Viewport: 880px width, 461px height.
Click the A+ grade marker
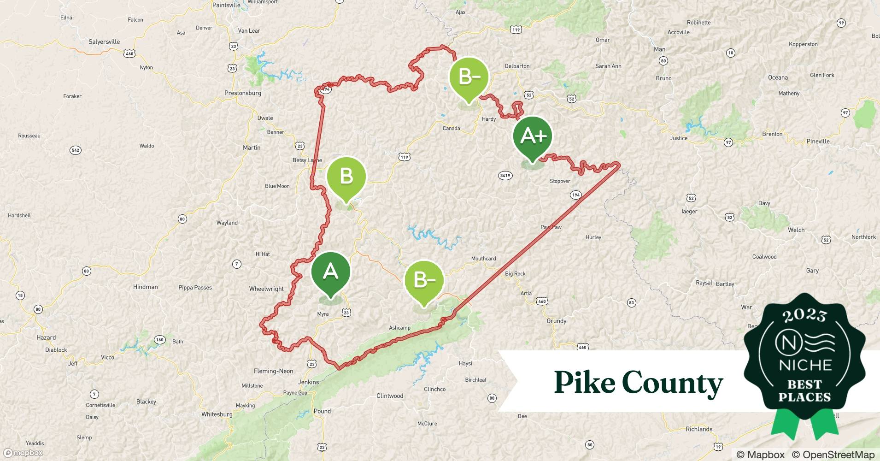[x=533, y=136]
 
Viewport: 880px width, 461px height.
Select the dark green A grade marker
[x=331, y=272]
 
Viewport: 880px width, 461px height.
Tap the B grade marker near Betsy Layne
[x=346, y=177]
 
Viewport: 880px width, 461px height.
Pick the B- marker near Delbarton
[x=469, y=77]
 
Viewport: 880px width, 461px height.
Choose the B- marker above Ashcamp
[x=424, y=280]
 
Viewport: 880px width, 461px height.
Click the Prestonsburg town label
[x=243, y=93]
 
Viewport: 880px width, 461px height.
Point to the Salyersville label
[x=104, y=42]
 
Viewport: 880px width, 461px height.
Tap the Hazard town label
[x=46, y=337]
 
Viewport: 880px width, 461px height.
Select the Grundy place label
[x=557, y=321]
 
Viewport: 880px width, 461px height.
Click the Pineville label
[x=818, y=142]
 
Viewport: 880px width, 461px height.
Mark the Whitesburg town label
[x=217, y=414]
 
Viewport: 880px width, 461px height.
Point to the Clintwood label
[x=390, y=396]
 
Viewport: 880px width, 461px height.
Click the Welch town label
[x=796, y=230]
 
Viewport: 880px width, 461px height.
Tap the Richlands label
[x=699, y=429]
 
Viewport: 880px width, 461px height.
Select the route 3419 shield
[x=505, y=175]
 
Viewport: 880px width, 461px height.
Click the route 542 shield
[x=76, y=150]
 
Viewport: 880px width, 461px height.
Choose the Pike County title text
[x=638, y=383]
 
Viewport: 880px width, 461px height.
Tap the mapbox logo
[x=23, y=453]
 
